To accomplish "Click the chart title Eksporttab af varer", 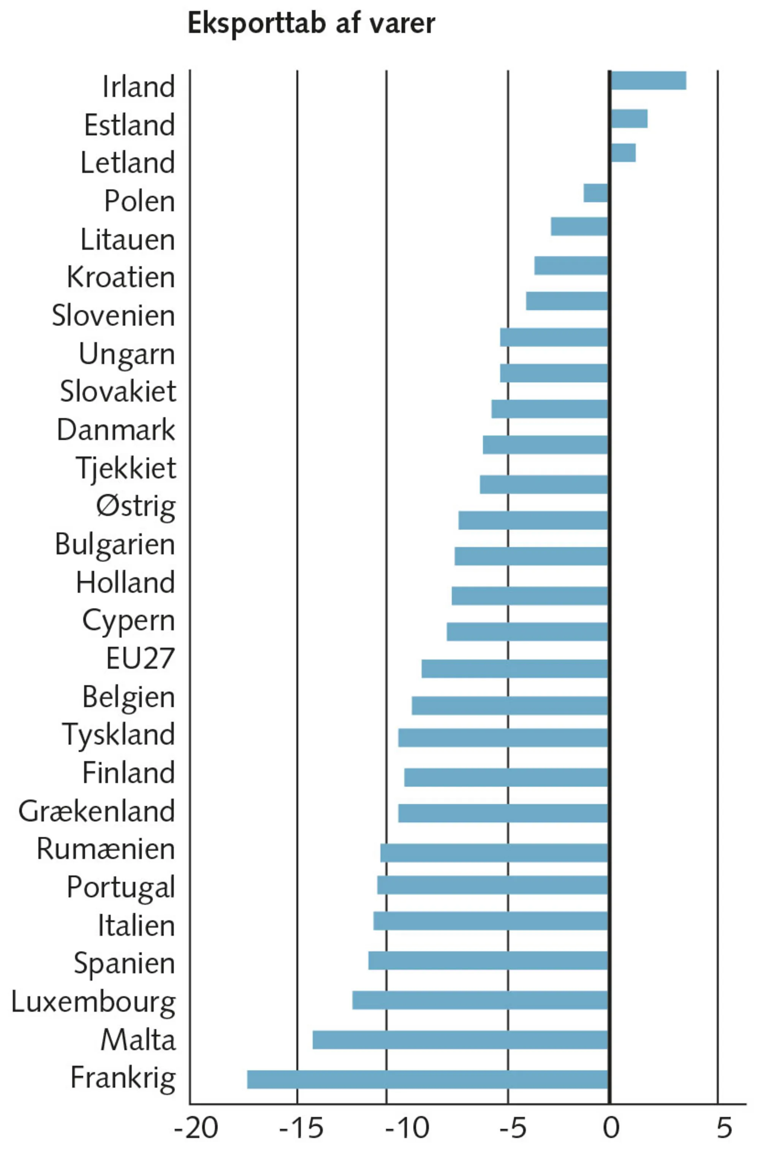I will [311, 24].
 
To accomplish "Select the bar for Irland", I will [648, 80].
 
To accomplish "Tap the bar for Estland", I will [629, 119].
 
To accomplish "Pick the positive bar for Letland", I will [623, 152].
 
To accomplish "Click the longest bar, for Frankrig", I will [427, 1079].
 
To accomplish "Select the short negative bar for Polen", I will [596, 193].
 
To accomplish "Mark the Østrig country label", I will [136, 507].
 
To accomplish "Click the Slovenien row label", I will [113, 315].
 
